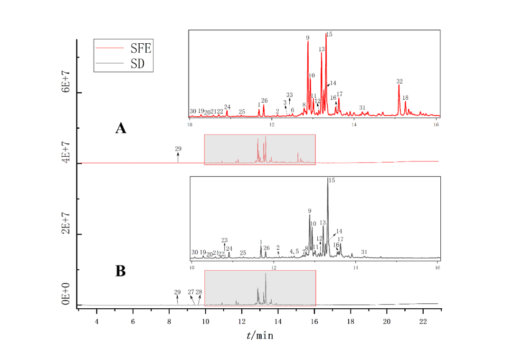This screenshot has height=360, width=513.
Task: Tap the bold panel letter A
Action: pyautogui.click(x=121, y=128)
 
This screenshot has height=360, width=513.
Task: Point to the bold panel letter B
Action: pyautogui.click(x=121, y=271)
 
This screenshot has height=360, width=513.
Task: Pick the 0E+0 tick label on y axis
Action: pyautogui.click(x=66, y=295)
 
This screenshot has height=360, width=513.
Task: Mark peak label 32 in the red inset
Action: pyautogui.click(x=399, y=81)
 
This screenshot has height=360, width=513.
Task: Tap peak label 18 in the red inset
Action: pyautogui.click(x=405, y=98)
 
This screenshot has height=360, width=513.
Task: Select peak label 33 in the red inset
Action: pyautogui.click(x=289, y=95)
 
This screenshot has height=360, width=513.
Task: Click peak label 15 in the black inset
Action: pyautogui.click(x=332, y=181)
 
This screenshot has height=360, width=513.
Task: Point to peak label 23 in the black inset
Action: pyautogui.click(x=225, y=240)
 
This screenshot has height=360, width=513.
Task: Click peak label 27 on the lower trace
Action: pyautogui.click(x=191, y=292)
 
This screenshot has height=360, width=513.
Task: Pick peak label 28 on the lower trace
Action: pyautogui.click(x=199, y=292)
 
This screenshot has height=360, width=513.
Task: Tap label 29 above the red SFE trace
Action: pyautogui.click(x=178, y=149)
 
